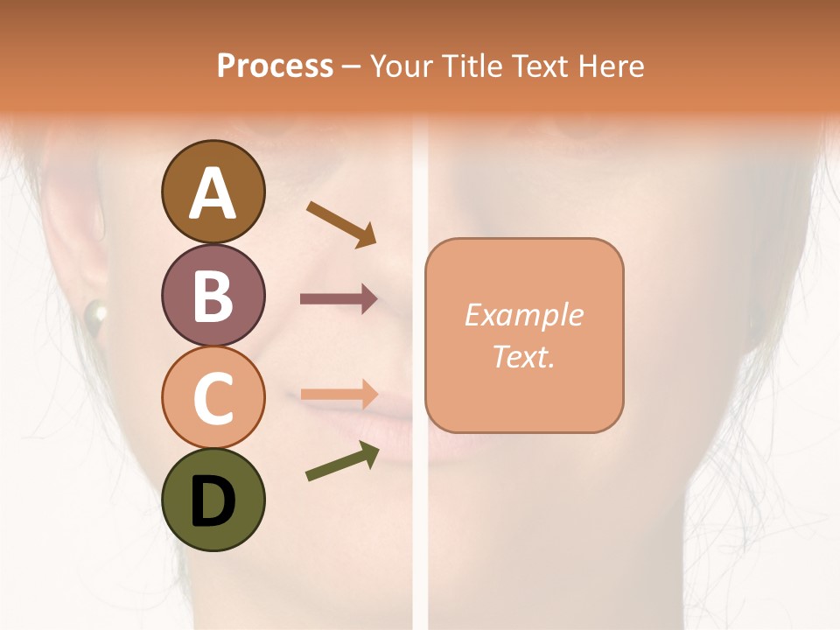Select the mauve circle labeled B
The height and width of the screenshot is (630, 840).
tap(213, 295)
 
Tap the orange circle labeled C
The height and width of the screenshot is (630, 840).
tap(213, 397)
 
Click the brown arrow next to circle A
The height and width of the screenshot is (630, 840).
tap(340, 222)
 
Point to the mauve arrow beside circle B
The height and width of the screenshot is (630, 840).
tap(338, 299)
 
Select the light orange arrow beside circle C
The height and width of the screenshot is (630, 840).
tap(339, 395)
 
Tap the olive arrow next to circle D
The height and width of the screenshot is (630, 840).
tap(342, 461)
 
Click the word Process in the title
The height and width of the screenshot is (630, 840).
tap(275, 66)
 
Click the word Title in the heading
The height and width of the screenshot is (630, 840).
tap(473, 66)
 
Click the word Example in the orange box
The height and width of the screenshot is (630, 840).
tap(524, 315)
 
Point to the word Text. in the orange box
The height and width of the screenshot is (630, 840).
tap(524, 356)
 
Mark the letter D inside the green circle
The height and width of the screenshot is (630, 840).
tap(213, 503)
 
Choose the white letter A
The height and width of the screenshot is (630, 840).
tap(213, 193)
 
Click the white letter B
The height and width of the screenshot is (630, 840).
tap(213, 296)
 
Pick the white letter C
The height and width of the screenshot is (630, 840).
tap(213, 398)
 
